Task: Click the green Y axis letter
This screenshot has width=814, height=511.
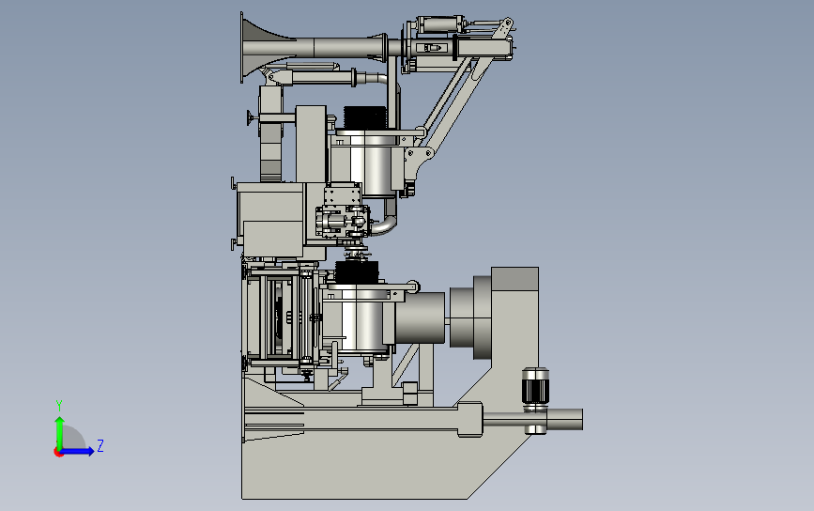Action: click(59, 406)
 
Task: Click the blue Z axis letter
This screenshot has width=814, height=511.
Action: click(100, 445)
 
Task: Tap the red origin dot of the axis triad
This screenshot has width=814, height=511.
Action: click(58, 452)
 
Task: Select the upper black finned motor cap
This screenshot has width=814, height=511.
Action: click(365, 117)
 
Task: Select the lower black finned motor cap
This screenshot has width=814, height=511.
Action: click(357, 272)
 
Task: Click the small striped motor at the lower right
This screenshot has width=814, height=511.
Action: click(535, 387)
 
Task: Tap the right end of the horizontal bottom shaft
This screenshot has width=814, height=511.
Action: click(581, 419)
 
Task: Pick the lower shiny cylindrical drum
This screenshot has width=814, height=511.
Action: click(360, 319)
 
